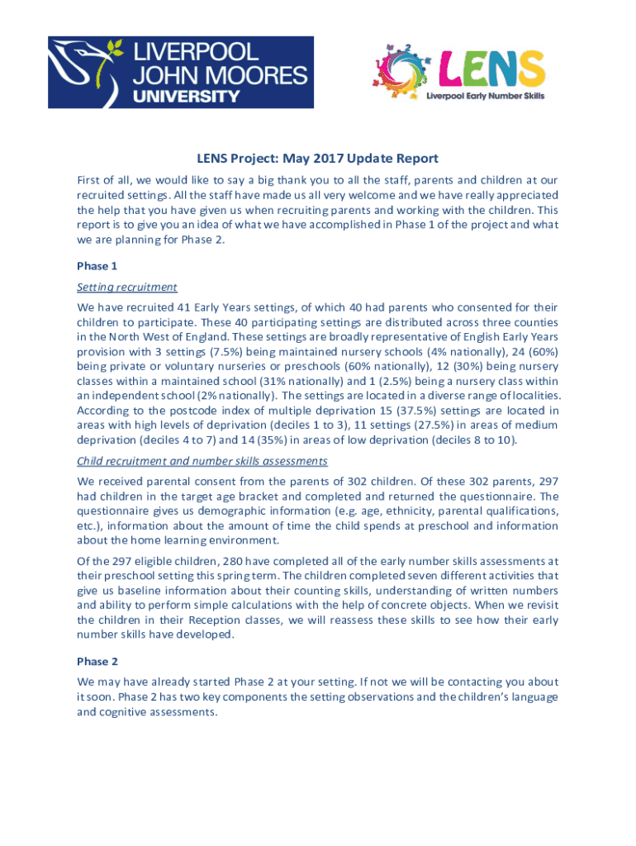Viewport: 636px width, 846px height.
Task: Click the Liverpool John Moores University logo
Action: click(180, 72)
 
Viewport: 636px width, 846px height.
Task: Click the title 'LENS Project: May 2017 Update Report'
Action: click(317, 159)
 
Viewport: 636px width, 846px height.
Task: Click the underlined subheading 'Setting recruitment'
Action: click(127, 288)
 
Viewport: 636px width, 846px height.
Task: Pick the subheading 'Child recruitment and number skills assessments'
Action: click(202, 460)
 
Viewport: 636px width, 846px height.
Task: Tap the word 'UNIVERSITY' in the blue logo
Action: click(187, 97)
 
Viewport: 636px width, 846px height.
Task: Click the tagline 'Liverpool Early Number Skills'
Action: click(485, 95)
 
